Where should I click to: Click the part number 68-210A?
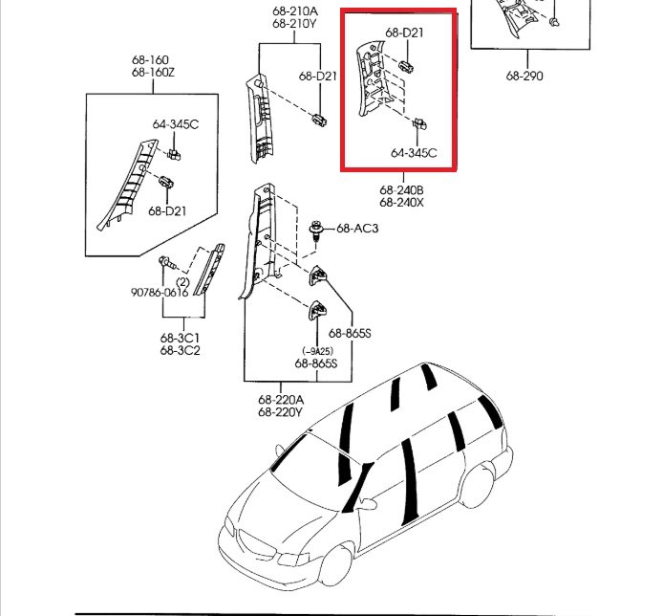(293, 12)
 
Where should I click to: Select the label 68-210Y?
(293, 25)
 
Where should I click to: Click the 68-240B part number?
(399, 189)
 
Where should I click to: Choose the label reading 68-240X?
(399, 202)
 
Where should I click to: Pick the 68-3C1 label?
(180, 339)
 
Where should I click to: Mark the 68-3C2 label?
(180, 351)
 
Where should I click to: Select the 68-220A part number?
(280, 400)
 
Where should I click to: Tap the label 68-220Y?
(280, 412)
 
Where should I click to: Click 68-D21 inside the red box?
(405, 33)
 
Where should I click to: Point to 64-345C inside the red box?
(414, 152)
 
